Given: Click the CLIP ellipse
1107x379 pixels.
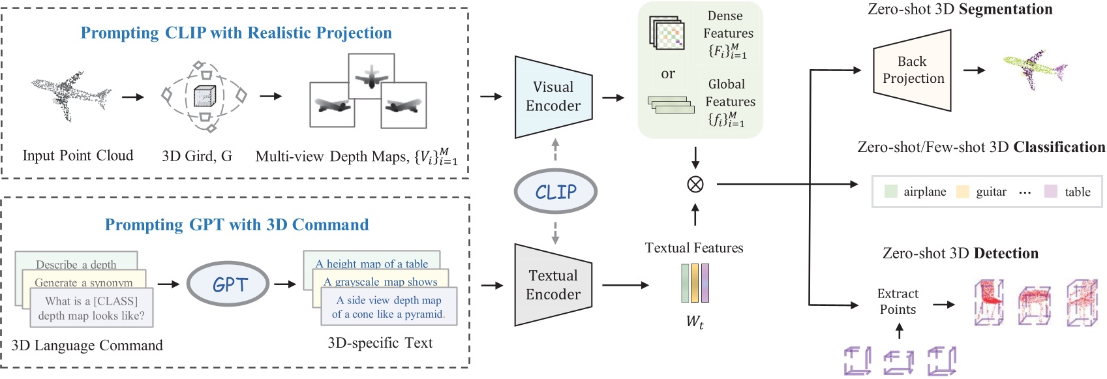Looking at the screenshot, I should [x=555, y=192].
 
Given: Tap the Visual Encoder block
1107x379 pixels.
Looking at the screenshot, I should [x=553, y=97].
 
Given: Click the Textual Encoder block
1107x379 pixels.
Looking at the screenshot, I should [x=553, y=285].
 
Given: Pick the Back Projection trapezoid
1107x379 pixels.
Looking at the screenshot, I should [x=913, y=70].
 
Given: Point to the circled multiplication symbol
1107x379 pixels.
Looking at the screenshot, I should [x=695, y=185].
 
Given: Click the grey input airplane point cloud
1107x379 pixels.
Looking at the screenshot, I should [x=70, y=95].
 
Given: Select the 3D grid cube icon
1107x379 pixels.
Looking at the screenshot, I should [x=204, y=97].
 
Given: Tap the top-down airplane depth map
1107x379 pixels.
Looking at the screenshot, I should [x=371, y=76].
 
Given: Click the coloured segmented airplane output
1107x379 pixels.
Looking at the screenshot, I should [x=1035, y=68].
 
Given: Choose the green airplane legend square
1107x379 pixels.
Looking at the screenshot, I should [x=890, y=191].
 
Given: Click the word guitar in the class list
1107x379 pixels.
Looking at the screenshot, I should [x=991, y=192].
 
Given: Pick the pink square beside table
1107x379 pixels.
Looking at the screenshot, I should [x=1050, y=191].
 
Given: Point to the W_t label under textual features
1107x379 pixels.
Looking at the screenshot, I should [x=695, y=321].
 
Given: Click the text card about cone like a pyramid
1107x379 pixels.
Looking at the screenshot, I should [x=389, y=307].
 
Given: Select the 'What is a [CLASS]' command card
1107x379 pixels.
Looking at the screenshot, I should [x=91, y=308].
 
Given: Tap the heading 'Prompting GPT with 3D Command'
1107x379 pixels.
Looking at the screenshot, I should [x=237, y=225].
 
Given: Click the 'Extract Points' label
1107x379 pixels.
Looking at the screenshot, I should [x=898, y=301].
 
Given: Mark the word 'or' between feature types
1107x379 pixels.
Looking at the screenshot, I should [x=667, y=74].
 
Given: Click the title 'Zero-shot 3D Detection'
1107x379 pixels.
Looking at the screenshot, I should [x=960, y=253].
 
